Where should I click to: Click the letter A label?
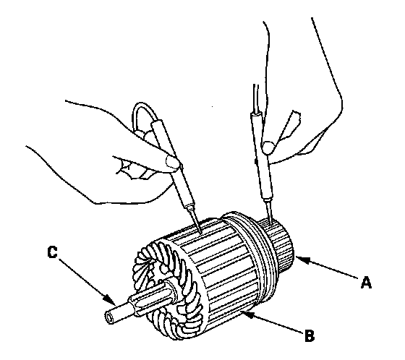(366, 282)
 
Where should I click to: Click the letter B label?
(309, 335)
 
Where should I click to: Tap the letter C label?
(52, 252)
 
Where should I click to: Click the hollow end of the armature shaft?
(109, 317)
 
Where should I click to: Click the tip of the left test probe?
(201, 233)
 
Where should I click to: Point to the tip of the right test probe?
(270, 224)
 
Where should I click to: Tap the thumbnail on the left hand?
(172, 161)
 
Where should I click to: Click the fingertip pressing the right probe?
(268, 147)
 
